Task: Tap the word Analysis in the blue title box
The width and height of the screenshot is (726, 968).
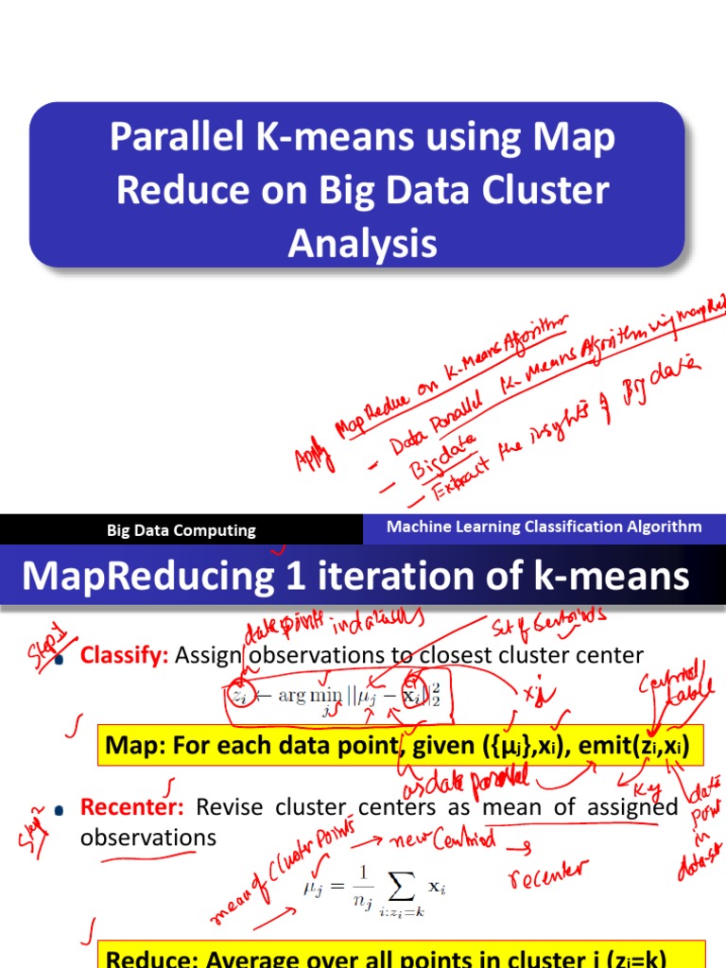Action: pos(363,244)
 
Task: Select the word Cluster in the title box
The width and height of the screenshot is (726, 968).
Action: pos(545,191)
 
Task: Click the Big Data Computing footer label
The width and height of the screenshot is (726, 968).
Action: pos(181,530)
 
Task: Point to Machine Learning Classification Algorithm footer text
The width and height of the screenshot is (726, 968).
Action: pos(544,527)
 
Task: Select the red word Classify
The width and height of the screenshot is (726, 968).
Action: pos(124,655)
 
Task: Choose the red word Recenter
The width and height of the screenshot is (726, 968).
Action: pos(133,808)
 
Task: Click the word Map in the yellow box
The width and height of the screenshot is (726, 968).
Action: pos(131,746)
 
